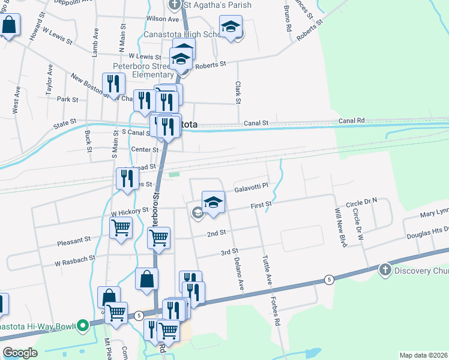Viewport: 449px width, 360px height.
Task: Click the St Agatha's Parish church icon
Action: point(175,5)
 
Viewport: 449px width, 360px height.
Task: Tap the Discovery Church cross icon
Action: point(385,270)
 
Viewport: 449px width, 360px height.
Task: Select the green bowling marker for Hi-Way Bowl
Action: point(83,326)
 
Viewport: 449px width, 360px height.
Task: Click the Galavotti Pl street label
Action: point(250,188)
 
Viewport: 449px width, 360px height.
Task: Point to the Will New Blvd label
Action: point(340,220)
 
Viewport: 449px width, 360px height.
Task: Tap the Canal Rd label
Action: point(351,121)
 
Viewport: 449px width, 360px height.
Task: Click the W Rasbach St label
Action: point(75,260)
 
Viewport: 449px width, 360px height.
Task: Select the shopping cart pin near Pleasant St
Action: point(121,228)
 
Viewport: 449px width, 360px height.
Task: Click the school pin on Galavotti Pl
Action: point(213,202)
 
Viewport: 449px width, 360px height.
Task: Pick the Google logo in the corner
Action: point(20,353)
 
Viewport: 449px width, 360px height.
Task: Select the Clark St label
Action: point(238,91)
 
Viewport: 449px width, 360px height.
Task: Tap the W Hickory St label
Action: point(129,211)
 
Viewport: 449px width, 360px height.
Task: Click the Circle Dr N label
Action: point(366,200)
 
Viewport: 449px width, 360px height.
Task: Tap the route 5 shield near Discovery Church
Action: point(328,280)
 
